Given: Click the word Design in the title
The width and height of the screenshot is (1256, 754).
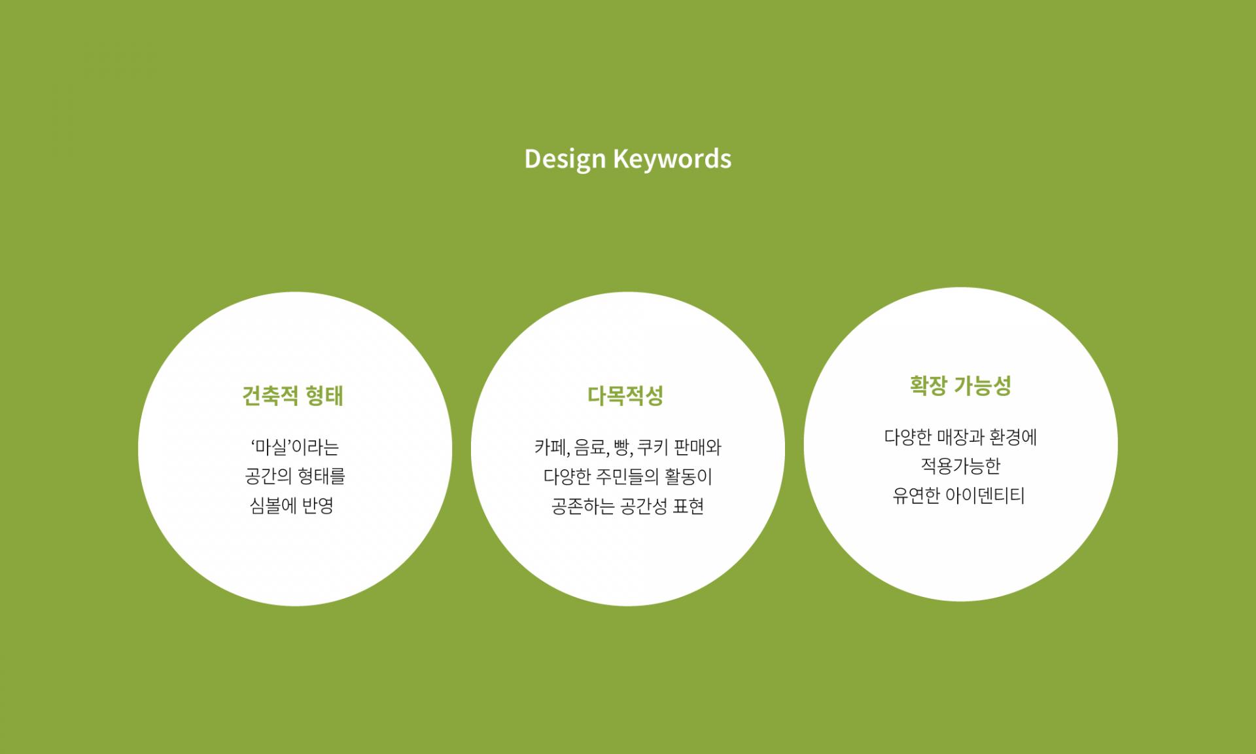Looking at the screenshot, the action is click(565, 160).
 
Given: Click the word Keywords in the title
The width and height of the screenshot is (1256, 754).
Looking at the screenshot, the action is click(672, 158).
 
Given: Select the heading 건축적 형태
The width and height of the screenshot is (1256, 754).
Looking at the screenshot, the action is click(293, 396).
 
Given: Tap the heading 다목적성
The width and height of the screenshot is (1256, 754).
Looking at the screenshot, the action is click(626, 395).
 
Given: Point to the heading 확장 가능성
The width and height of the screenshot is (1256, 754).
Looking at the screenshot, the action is click(960, 386).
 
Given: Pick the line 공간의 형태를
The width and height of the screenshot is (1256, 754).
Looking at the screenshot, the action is click(295, 476).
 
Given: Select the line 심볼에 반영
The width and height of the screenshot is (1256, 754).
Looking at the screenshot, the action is click(292, 506).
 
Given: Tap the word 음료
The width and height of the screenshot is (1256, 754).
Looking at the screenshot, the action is click(590, 448).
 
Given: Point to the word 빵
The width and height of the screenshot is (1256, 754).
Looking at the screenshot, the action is click(621, 448).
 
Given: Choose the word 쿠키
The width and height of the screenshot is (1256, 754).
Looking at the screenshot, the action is click(652, 448).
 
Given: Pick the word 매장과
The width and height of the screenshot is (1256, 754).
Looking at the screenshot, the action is click(962, 437).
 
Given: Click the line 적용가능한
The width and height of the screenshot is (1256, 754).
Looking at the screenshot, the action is click(961, 466).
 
